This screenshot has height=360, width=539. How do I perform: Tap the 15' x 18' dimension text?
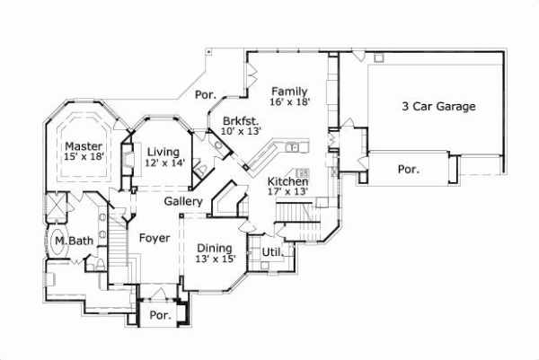click(83, 157)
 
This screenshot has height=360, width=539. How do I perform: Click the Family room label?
click(290, 91)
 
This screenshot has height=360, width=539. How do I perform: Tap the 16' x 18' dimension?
click(290, 103)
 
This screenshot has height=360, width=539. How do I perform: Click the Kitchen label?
click(288, 180)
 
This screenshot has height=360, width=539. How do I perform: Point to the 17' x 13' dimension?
click(288, 191)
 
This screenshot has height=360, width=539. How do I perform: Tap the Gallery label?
click(183, 201)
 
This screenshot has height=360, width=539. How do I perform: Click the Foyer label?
click(155, 237)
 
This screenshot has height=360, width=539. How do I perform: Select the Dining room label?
click(215, 248)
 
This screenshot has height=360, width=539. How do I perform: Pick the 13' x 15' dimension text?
click(216, 259)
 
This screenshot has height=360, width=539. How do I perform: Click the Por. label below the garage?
click(409, 168)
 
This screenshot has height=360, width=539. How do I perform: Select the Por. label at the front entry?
click(160, 316)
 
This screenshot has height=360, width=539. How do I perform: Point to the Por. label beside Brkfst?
click(206, 92)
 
